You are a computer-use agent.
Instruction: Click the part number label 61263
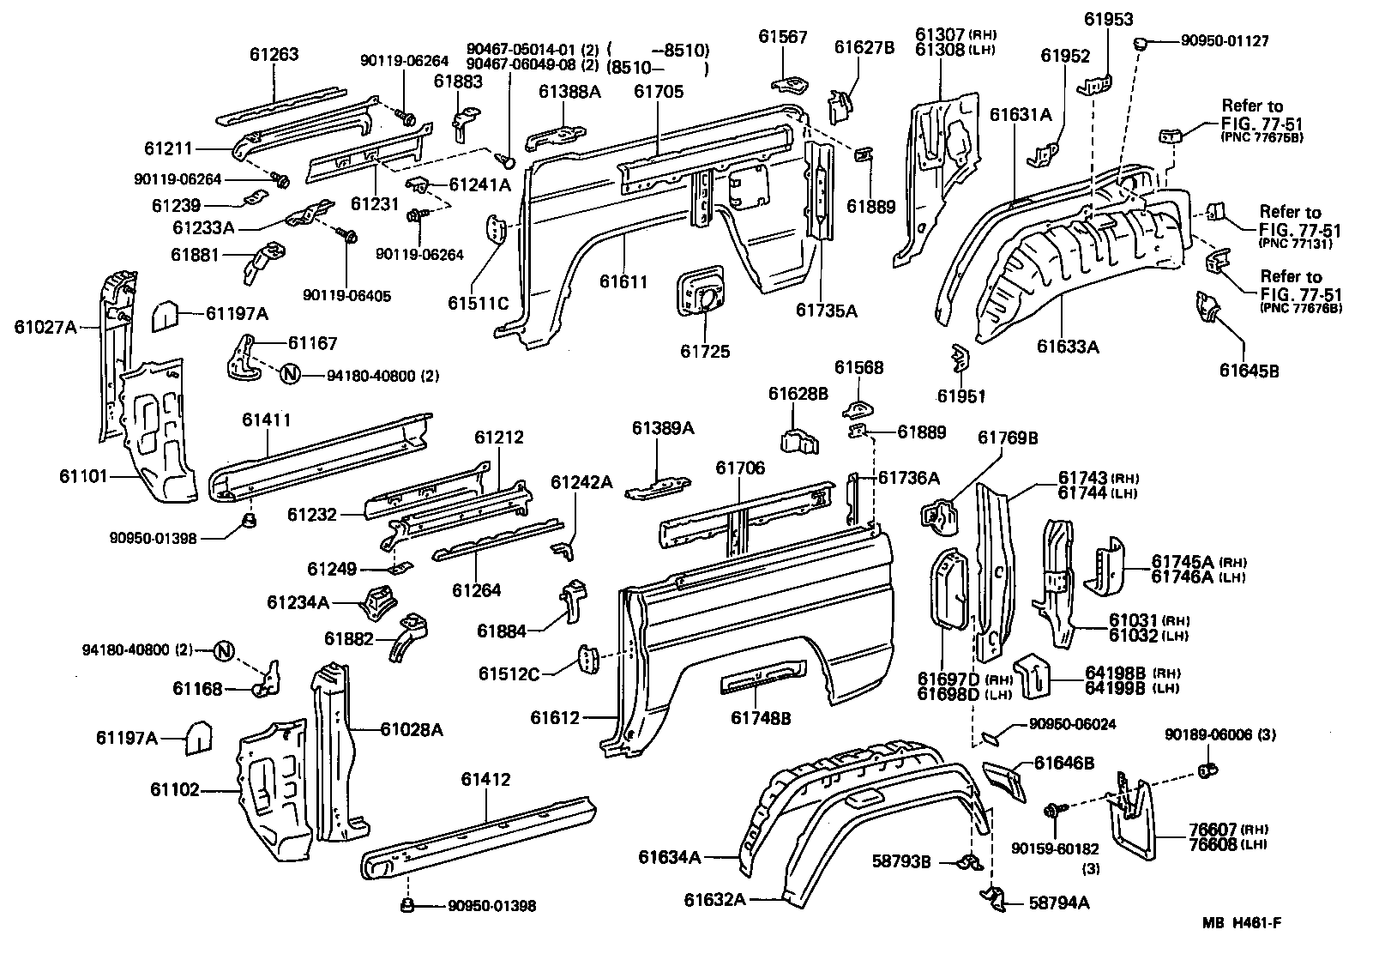coord(274,55)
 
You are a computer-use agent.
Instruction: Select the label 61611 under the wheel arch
coord(623,281)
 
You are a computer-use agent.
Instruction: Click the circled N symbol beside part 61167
coord(290,374)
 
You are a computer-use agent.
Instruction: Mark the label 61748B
coord(762,717)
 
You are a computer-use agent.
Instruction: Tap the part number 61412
coord(485,780)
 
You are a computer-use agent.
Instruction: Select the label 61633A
coord(1068,346)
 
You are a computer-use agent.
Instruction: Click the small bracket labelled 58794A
coord(992,897)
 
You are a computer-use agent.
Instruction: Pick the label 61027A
coord(45,326)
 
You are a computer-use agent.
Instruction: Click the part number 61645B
coord(1250,371)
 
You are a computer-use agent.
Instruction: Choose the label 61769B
coord(1009,438)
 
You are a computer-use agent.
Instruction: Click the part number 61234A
coord(298,602)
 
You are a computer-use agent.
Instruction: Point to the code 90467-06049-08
coord(532,64)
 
